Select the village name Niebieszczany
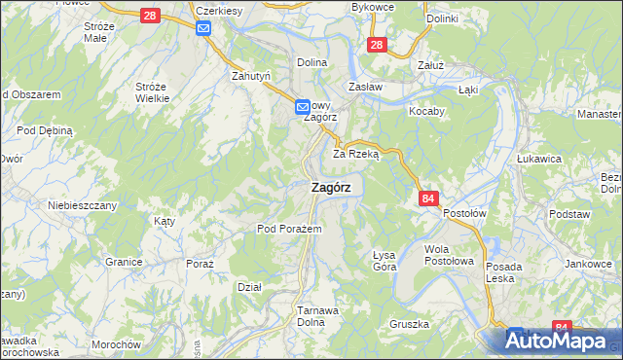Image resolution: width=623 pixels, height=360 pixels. pos(83,205)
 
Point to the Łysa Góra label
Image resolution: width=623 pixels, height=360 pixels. pos(385,261)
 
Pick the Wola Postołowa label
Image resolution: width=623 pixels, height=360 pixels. pos(449,255)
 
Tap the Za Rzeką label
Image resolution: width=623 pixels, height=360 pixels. pos(355,154)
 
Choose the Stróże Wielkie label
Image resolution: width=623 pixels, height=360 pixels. pos(152,92)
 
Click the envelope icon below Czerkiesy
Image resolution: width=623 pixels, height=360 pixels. pos(203,28)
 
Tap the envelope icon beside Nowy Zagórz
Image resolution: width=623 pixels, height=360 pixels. pos(303,105)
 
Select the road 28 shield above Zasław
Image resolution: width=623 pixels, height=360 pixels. pos(379,44)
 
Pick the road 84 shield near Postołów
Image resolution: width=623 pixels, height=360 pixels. pos(429,198)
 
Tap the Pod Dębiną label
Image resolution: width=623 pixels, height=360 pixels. pos(46,130)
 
